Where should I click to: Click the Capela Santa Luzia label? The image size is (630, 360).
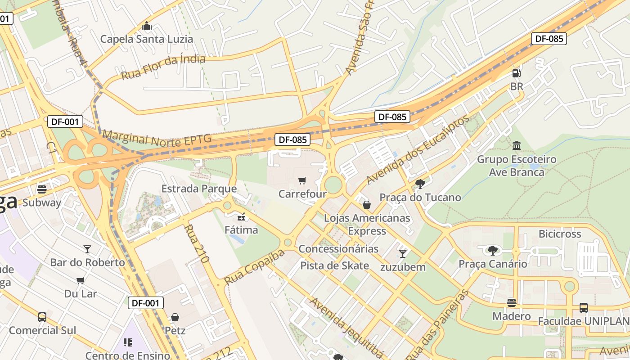tap(146, 39)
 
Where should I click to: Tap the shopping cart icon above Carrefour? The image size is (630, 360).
tap(302, 180)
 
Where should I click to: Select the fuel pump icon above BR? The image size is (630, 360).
tap(517, 73)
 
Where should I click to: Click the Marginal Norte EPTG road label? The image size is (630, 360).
tap(157, 138)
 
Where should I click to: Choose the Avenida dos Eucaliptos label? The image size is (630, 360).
tap(417, 149)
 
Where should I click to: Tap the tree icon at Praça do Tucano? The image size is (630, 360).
tap(420, 184)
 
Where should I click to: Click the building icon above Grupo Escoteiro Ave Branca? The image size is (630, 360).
tap(517, 146)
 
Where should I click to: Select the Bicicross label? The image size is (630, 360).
tap(560, 234)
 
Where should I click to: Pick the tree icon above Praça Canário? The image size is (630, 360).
tap(493, 250)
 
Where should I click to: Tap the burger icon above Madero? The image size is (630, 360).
tap(511, 302)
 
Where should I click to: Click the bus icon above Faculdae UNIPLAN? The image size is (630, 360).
tap(583, 308)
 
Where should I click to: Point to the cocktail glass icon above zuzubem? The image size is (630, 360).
tap(403, 253)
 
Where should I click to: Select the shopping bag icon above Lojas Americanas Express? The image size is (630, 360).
tap(367, 205)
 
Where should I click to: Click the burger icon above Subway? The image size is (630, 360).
tap(42, 189)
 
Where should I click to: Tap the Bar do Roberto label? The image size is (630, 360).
tap(87, 262)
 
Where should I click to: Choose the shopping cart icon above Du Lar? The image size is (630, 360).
tap(81, 280)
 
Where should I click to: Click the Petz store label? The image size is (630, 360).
tap(175, 331)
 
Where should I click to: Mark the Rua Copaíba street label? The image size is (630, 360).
tap(254, 267)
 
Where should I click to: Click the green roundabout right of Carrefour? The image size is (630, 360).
tap(333, 184)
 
